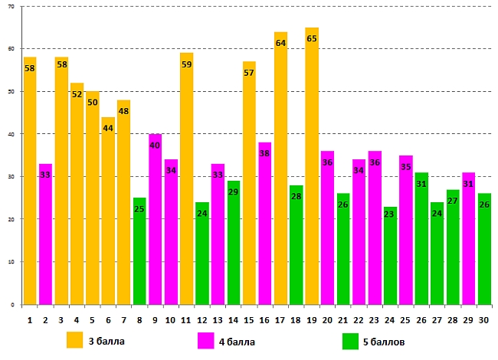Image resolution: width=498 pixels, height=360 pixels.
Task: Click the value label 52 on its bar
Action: [x=77, y=95]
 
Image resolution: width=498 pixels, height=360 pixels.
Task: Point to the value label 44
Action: [x=108, y=129]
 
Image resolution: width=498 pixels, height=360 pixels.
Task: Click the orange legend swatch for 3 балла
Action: [x=75, y=341]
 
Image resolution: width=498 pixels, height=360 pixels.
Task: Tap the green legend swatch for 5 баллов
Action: [x=351, y=341]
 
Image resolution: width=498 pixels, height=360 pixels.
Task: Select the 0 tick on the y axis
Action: [x=11, y=305]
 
